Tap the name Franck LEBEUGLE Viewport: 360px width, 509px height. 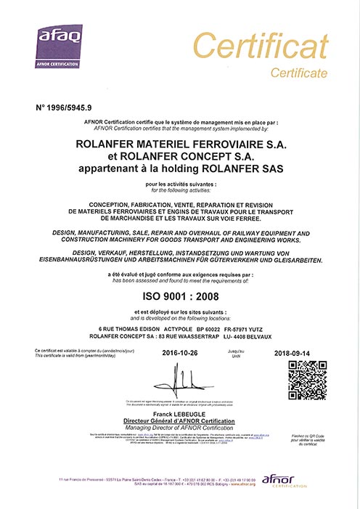point(179,414)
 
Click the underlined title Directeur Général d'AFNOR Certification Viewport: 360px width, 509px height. point(179,421)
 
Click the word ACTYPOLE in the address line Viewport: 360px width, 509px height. point(179,326)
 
